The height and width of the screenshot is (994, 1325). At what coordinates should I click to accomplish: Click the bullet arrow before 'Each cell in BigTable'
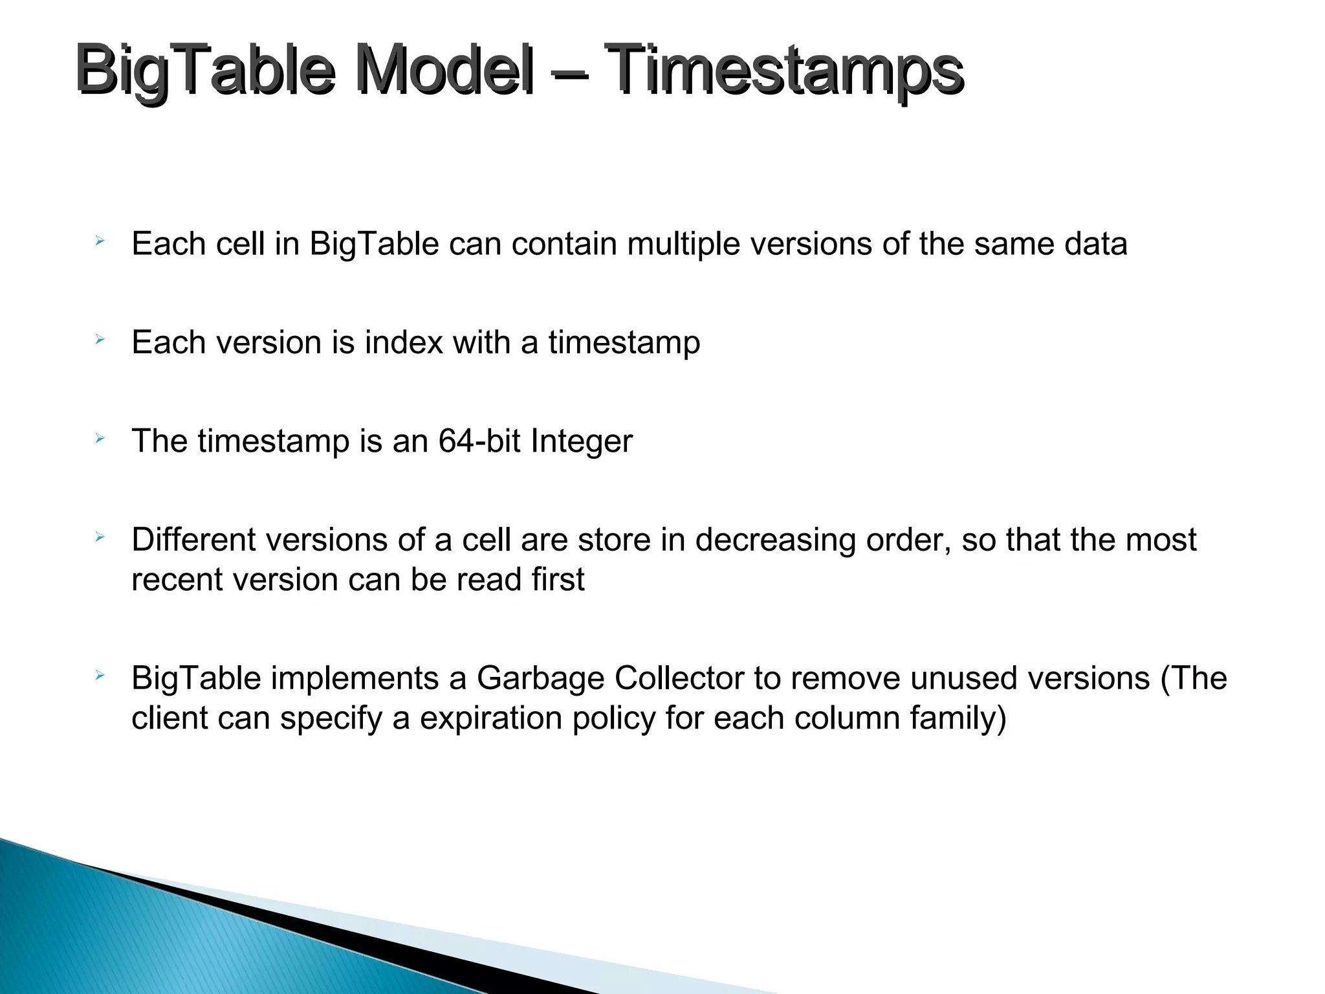coord(99,241)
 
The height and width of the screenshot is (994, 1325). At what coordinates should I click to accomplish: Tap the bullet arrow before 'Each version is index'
coord(99,339)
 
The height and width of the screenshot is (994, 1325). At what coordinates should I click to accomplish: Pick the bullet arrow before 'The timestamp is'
coord(99,438)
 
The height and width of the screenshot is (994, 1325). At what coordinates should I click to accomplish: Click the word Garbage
coord(540,679)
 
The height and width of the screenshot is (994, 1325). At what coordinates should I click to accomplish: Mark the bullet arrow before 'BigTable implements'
coord(99,676)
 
